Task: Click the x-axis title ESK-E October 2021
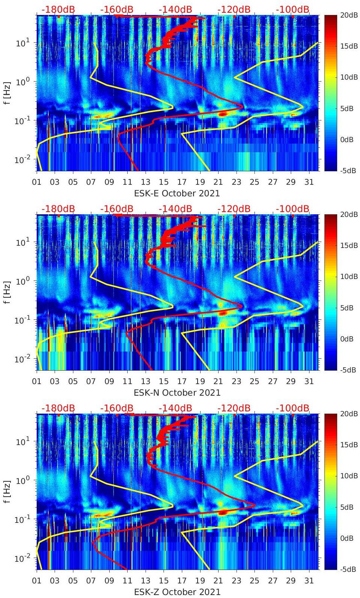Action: point(177,193)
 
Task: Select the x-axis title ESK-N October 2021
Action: point(177,393)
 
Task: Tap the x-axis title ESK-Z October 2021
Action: point(177,592)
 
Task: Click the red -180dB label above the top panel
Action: point(58,9)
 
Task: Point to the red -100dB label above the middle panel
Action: point(293,209)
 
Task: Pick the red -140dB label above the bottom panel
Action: point(175,408)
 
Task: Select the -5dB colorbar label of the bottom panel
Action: point(348,569)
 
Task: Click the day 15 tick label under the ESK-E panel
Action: point(164,182)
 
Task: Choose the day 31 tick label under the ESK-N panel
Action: point(309,381)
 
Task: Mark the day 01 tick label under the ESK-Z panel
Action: point(37,581)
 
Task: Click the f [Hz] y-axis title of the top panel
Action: point(7,93)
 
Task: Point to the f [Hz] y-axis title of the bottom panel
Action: point(7,491)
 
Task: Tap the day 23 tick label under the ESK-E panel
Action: point(236,182)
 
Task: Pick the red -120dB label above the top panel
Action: point(234,9)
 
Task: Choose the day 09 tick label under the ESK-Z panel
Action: point(109,581)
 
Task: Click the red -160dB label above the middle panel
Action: point(117,209)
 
